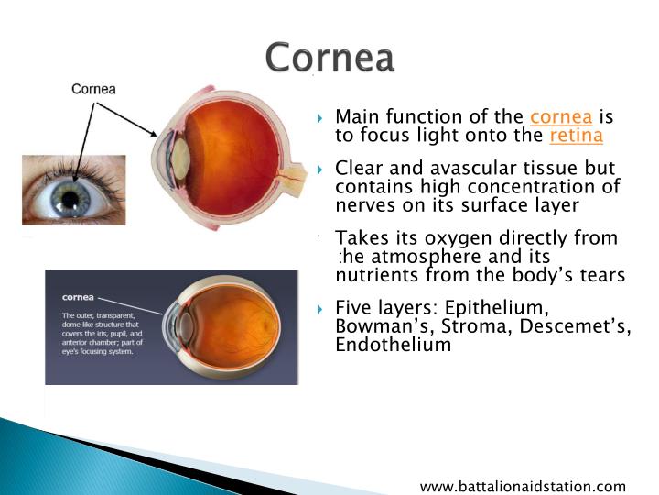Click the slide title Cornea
[x=329, y=58]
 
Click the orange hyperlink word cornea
[x=561, y=117]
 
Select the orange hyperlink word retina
[x=576, y=136]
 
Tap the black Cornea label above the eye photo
[x=94, y=89]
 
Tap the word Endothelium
[x=393, y=346]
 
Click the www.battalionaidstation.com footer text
[x=523, y=486]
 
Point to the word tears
[x=600, y=275]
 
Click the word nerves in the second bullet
[x=362, y=205]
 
